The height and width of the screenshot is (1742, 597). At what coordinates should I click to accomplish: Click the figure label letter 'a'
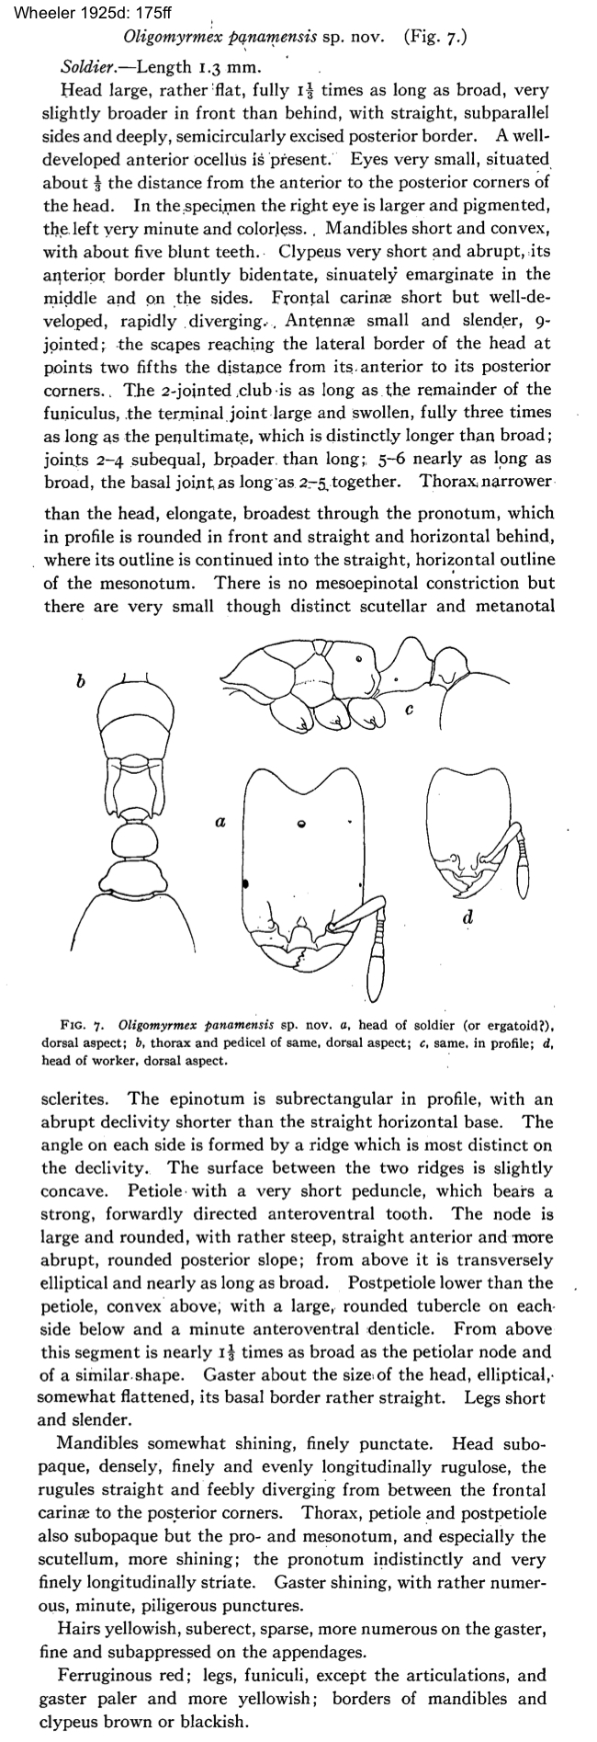pyautogui.click(x=220, y=823)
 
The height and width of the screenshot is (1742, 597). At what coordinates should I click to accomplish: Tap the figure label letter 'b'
pyautogui.click(x=80, y=681)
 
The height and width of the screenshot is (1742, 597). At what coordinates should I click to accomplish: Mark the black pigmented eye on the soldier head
pyautogui.click(x=246, y=884)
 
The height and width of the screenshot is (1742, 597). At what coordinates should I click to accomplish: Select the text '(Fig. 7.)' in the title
pyautogui.click(x=434, y=39)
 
